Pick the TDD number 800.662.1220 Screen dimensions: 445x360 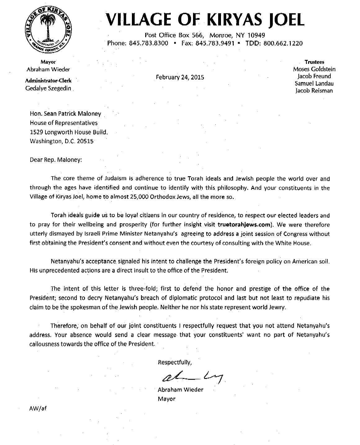click(283, 43)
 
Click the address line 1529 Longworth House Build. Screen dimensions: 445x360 click(69, 131)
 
